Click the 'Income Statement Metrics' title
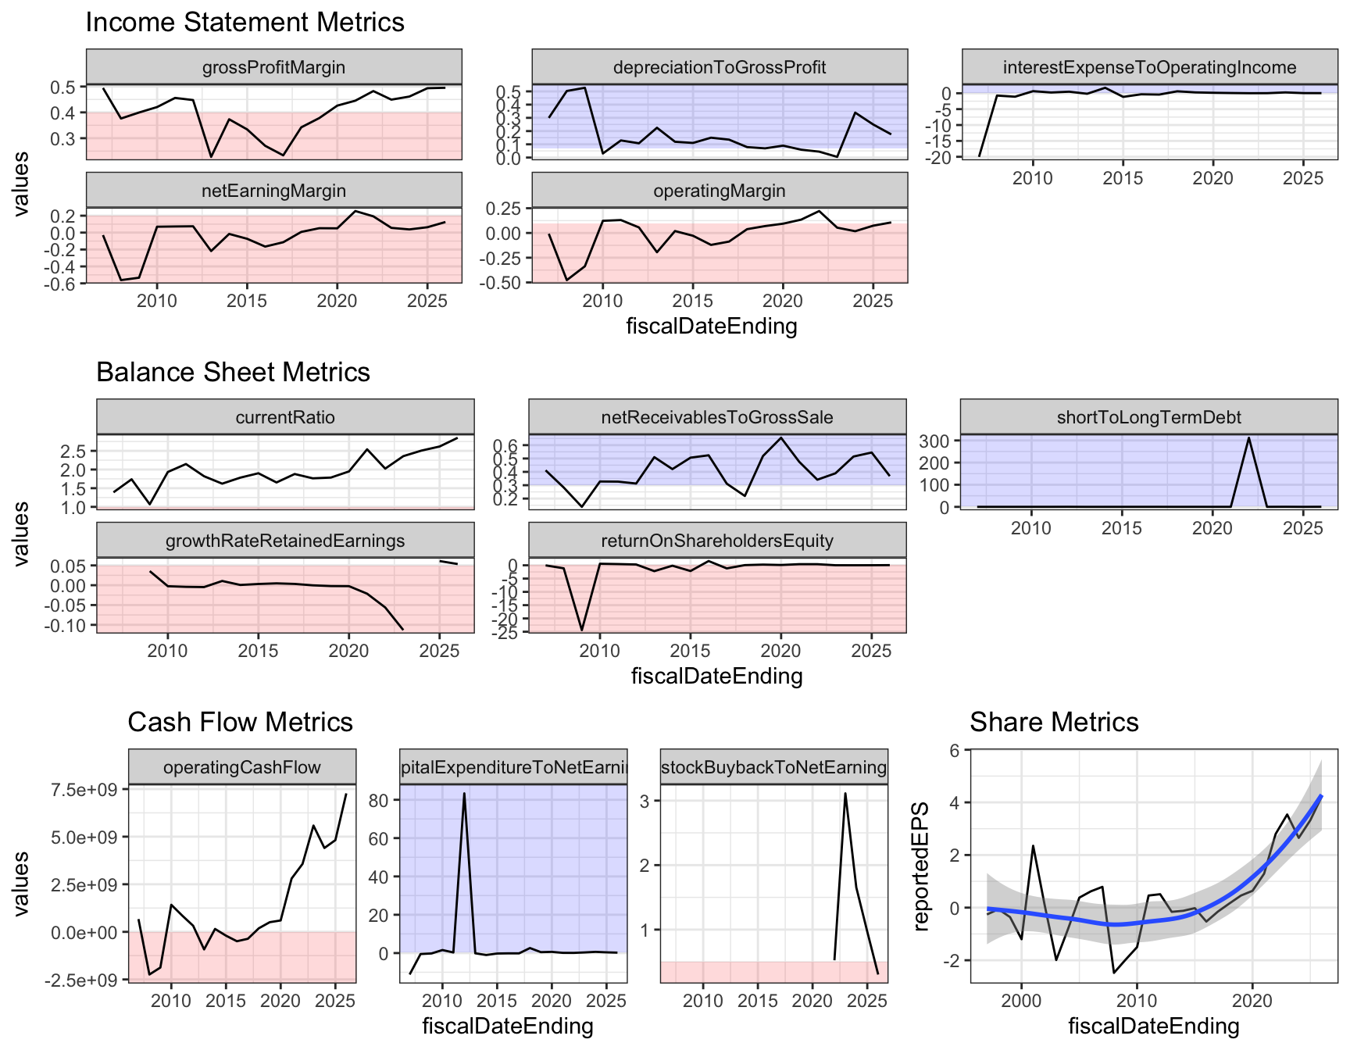(x=245, y=22)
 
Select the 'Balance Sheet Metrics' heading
(x=233, y=372)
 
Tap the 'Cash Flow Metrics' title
(x=240, y=722)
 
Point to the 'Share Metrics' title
(x=1054, y=722)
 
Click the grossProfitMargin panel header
(x=273, y=67)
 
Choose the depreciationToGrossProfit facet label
(x=720, y=67)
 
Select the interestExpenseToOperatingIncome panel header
(x=1149, y=67)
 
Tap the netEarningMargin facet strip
(x=273, y=191)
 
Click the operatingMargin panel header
(x=720, y=191)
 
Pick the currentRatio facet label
(x=285, y=417)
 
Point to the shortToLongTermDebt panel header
(x=1148, y=417)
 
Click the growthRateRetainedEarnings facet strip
(x=285, y=541)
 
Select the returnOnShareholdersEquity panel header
(x=717, y=541)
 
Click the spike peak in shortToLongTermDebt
(x=1249, y=437)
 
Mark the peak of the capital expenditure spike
(x=464, y=794)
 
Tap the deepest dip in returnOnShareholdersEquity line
(x=581, y=630)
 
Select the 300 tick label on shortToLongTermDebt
(x=934, y=441)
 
